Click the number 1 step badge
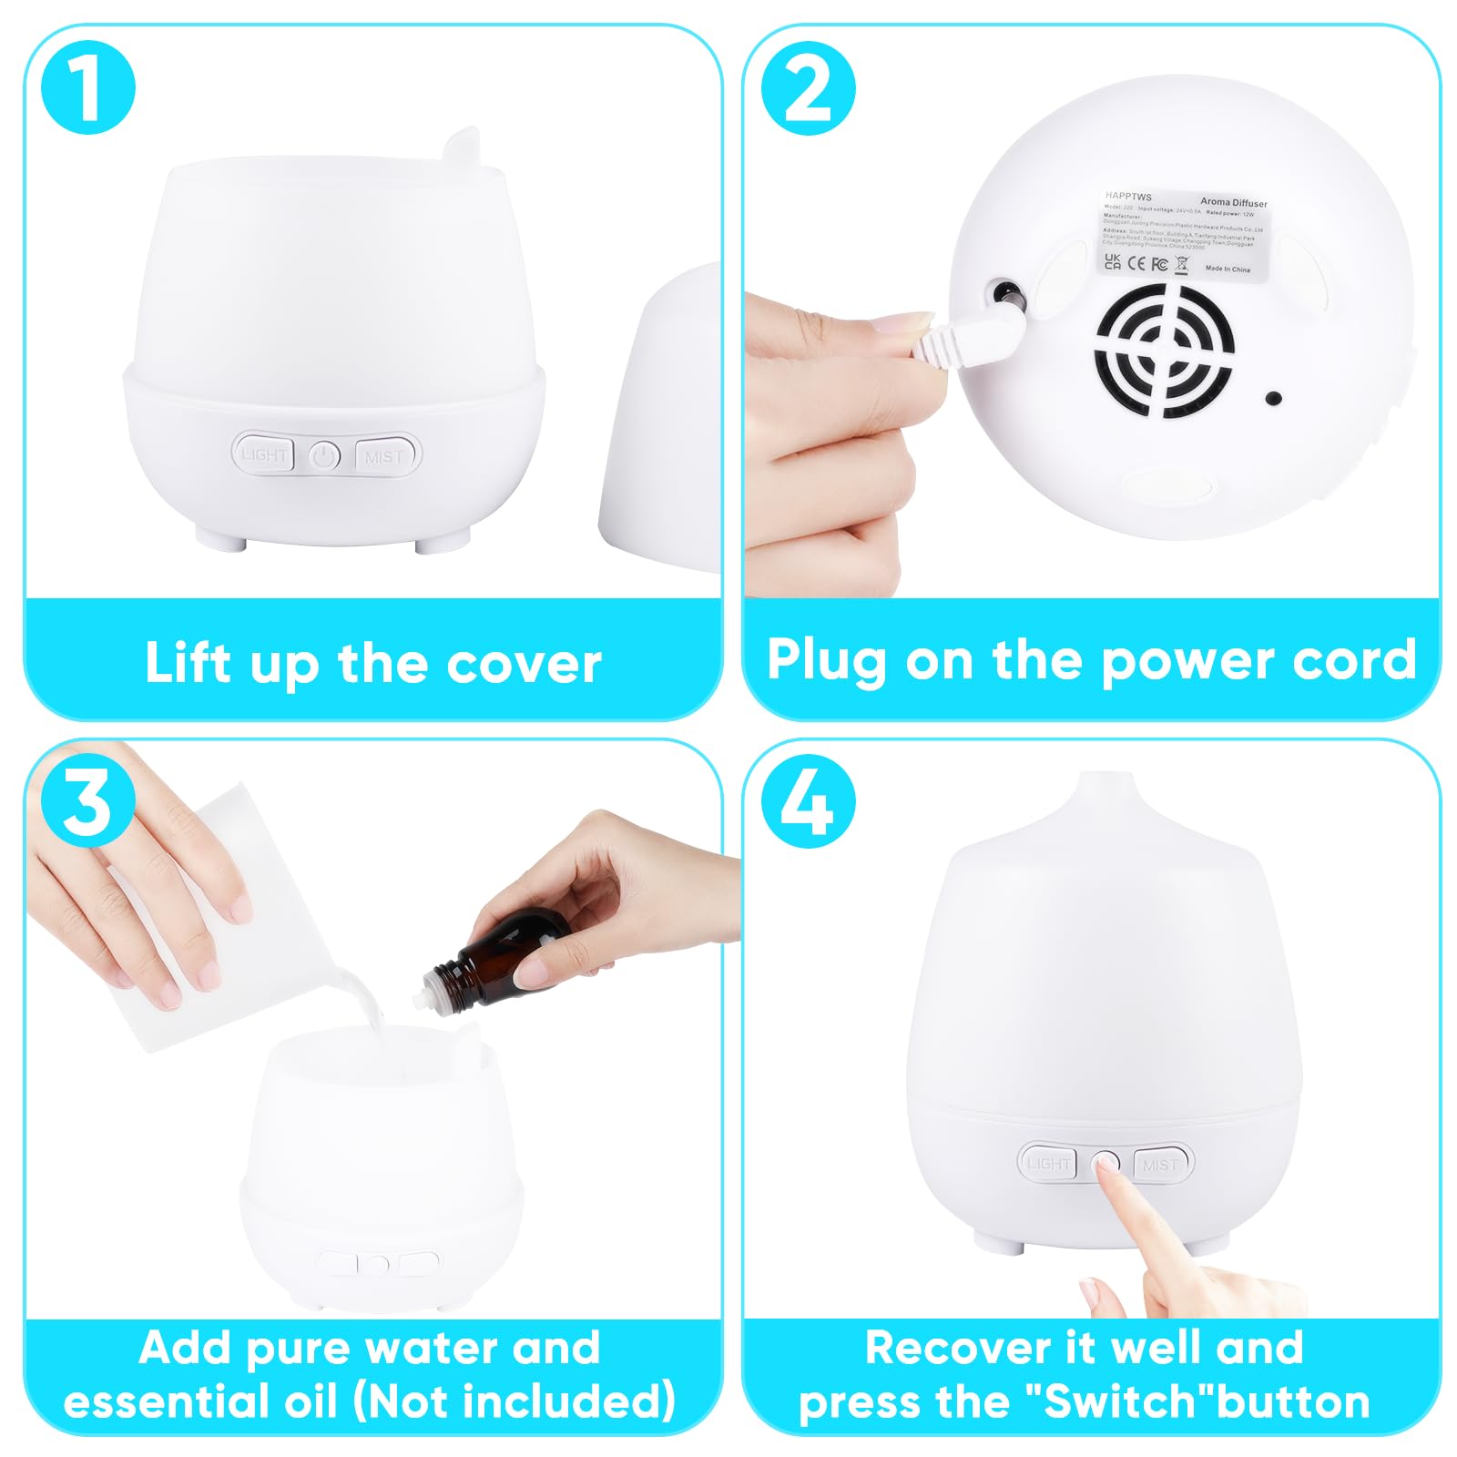click(x=88, y=88)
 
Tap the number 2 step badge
click(x=808, y=88)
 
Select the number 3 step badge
click(x=88, y=801)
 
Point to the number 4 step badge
click(x=808, y=801)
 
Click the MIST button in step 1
click(x=386, y=455)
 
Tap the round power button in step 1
click(x=325, y=455)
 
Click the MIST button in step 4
click(x=1161, y=1164)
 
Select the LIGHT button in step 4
click(x=1047, y=1163)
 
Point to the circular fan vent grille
click(x=1164, y=350)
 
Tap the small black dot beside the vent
click(x=1274, y=398)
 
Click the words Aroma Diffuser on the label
click(x=1233, y=202)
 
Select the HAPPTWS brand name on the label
click(x=1128, y=196)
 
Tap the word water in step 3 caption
click(x=433, y=1348)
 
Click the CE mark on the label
click(x=1136, y=263)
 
